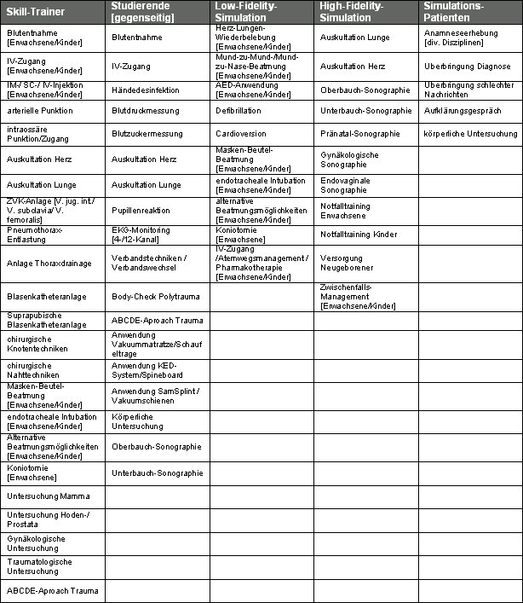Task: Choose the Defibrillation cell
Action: coord(239,111)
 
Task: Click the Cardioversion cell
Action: coord(240,134)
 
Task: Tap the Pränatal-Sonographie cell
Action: coord(360,134)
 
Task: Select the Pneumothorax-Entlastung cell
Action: coord(35,235)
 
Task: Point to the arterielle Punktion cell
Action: coord(40,111)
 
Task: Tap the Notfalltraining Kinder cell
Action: coord(359,235)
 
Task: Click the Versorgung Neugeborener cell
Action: coord(348,263)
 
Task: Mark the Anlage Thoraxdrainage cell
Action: coord(49,264)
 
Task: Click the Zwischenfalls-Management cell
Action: coord(358,297)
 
